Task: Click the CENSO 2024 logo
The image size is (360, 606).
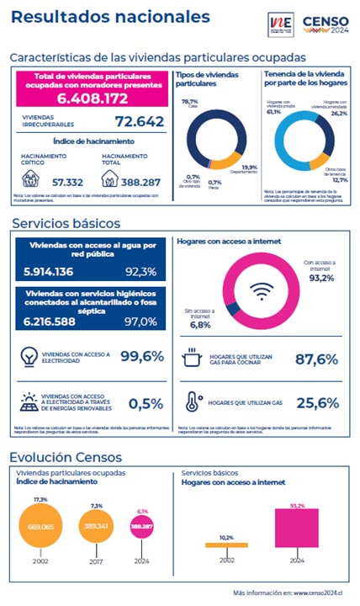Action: [323, 24]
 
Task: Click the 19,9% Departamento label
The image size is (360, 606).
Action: [249, 167]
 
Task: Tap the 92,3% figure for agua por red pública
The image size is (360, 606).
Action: [141, 272]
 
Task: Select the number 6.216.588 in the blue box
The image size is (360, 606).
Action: [50, 322]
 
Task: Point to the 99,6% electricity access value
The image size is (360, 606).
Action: [141, 357]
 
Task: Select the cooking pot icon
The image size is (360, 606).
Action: [193, 359]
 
